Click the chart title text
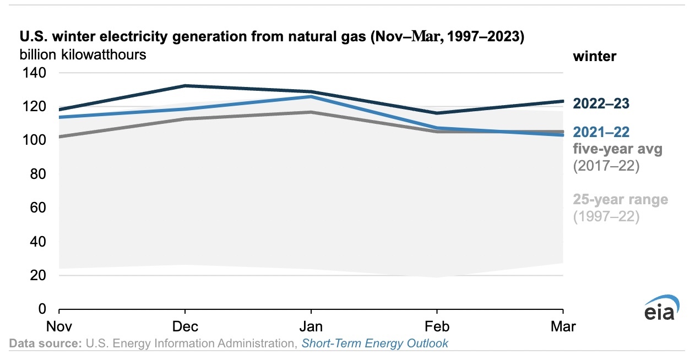[272, 37]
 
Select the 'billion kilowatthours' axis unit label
[83, 55]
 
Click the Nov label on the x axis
[59, 326]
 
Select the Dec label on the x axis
[185, 326]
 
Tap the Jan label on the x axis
[311, 326]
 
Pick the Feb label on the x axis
[437, 326]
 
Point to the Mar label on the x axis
[563, 326]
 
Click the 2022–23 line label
[601, 103]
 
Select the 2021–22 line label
[601, 132]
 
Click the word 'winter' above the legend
[595, 56]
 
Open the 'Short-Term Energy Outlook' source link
[374, 343]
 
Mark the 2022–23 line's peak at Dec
[185, 86]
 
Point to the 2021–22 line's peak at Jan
[311, 96]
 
